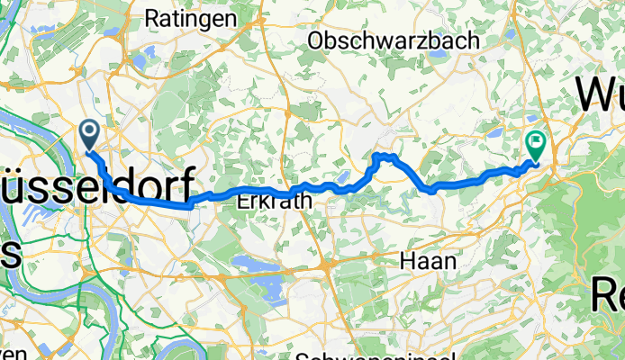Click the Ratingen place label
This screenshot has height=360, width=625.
point(191,18)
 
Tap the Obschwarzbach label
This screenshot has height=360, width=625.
point(377,40)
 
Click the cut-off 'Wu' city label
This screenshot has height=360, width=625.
point(600,93)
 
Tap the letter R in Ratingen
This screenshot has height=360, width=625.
point(152,18)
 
